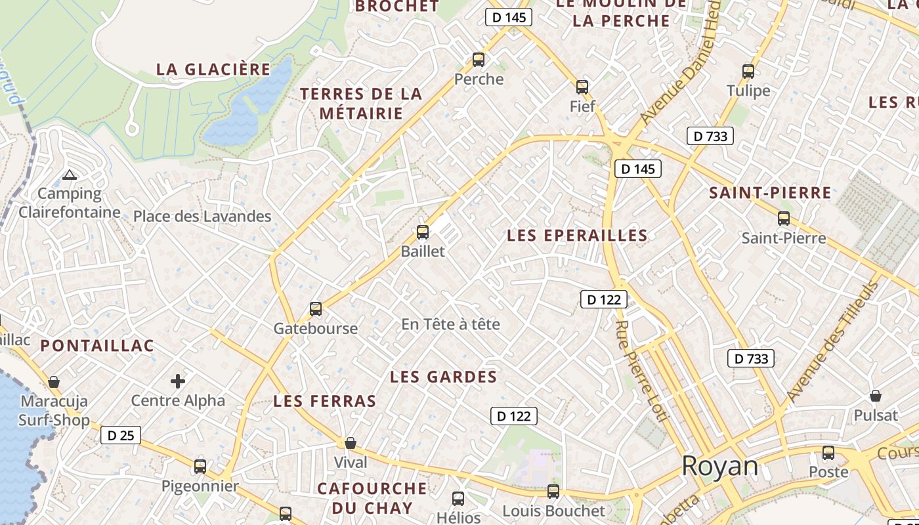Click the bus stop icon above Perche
point(479,60)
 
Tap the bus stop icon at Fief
point(582,87)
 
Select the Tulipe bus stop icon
point(748,72)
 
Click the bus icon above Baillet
point(423,232)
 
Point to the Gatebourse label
point(316,328)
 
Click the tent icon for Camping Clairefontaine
point(70,175)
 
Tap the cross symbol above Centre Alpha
point(178,381)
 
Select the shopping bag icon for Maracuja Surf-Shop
point(54,382)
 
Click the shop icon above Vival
point(351,443)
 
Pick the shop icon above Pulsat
point(876,396)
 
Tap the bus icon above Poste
point(828,453)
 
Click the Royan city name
point(720,466)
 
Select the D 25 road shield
point(121,435)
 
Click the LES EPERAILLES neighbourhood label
point(577,235)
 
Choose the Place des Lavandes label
point(202,216)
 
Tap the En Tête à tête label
point(450,324)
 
